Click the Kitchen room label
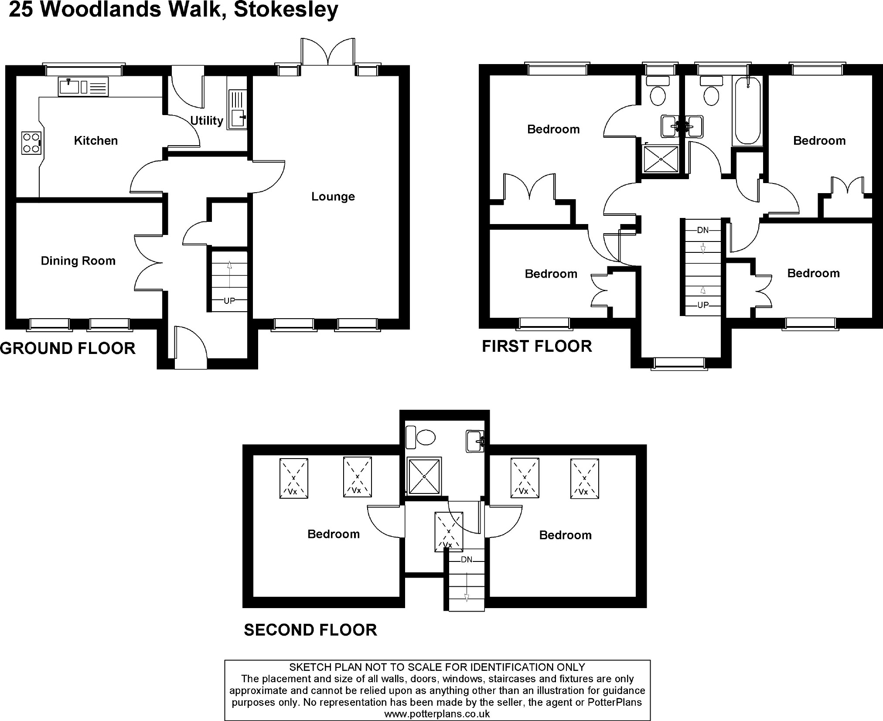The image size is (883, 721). click(95, 140)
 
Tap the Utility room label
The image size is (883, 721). click(207, 120)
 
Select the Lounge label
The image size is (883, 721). click(333, 197)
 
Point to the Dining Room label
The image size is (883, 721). click(78, 261)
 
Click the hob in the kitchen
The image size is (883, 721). click(31, 143)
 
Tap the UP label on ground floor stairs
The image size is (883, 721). click(229, 301)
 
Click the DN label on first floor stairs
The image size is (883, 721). click(703, 230)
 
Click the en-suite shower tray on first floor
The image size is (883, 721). click(661, 159)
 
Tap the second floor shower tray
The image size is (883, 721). click(424, 476)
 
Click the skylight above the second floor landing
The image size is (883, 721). click(449, 531)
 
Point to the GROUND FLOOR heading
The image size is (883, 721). click(68, 348)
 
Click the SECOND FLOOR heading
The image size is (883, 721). click(310, 630)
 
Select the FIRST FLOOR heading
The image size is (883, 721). click(537, 347)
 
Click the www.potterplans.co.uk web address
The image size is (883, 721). click(437, 714)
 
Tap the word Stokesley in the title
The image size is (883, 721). click(286, 10)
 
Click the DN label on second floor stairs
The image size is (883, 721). click(467, 559)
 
